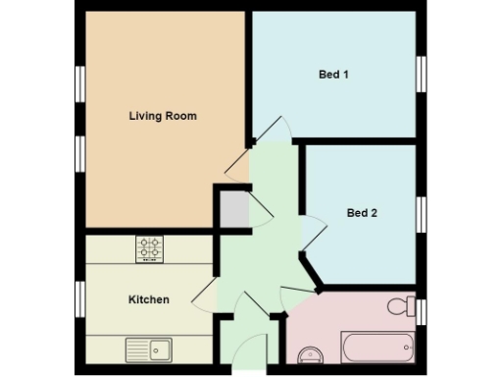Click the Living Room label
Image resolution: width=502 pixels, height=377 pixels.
tap(163, 116)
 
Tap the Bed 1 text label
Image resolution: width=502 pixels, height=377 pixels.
tap(333, 75)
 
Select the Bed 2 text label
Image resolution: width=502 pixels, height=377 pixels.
tap(362, 212)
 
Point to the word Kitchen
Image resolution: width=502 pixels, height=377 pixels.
tap(148, 299)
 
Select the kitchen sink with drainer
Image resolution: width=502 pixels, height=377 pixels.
tap(149, 348)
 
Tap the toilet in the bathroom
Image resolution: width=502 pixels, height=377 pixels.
tap(401, 307)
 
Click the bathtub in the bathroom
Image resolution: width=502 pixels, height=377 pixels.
tap(377, 347)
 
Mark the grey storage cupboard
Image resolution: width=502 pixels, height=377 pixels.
tap(232, 209)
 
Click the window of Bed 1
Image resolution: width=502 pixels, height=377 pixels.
tap(422, 74)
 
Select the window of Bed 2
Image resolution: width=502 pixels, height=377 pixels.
tap(422, 213)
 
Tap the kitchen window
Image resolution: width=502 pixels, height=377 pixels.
tap(79, 298)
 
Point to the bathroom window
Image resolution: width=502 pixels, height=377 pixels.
tap(423, 311)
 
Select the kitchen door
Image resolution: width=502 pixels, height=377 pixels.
tap(205, 293)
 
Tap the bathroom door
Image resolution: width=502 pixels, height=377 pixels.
tap(295, 292)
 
